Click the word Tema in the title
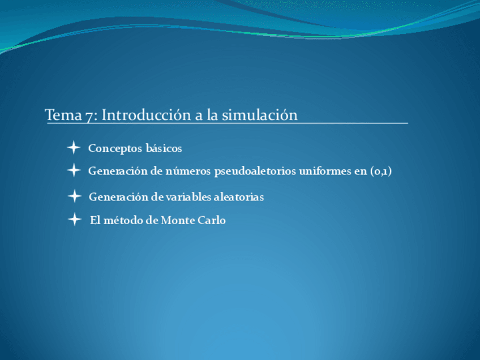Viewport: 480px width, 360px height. point(63,115)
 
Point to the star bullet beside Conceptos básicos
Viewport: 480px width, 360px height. point(73,148)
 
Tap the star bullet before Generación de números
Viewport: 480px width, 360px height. point(74,170)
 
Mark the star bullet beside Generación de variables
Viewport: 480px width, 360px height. point(74,196)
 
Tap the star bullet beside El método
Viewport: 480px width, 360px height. point(74,220)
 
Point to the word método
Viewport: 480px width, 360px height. point(123,220)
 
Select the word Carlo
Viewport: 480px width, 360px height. point(212,220)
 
